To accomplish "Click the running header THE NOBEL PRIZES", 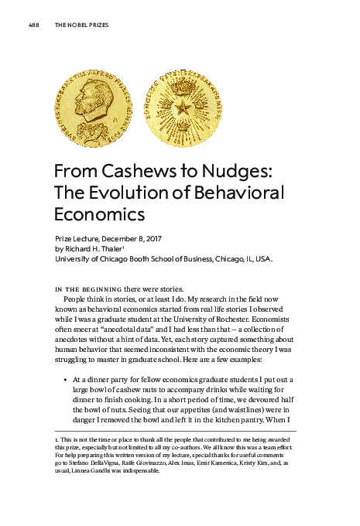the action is point(81,25).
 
